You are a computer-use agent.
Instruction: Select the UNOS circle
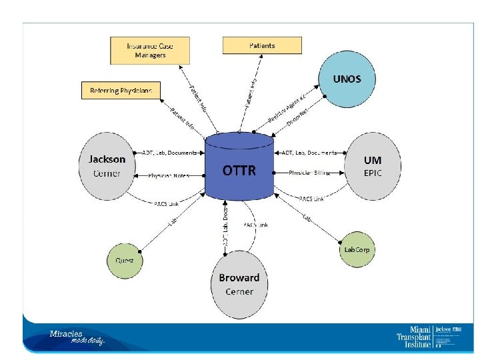[347, 79]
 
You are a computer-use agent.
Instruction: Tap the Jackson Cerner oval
[107, 166]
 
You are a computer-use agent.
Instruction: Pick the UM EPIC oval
[373, 166]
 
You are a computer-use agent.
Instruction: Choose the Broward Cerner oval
[239, 284]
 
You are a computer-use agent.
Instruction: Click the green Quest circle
[125, 260]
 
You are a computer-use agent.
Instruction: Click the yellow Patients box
[262, 46]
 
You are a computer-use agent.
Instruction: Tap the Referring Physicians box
[121, 90]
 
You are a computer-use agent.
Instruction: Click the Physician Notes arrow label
[169, 176]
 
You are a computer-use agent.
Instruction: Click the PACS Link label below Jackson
[166, 203]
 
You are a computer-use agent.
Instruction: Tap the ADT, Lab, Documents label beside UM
[309, 153]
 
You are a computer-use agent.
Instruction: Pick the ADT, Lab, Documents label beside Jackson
[169, 153]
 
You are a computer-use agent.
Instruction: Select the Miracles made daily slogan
[77, 337]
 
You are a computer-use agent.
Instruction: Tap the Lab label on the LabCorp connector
[307, 217]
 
